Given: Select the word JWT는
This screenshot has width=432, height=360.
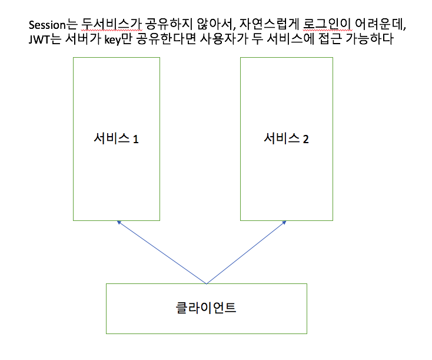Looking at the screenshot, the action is pos(42,41).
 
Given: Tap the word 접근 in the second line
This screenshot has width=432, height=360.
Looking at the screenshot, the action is pos(332,41).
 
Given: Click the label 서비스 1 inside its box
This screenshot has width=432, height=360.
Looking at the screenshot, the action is pos(116,139).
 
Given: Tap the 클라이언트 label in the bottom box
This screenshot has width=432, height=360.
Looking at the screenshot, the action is pos(206,308).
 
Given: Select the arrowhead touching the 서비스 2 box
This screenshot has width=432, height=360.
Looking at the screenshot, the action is pos(285,223).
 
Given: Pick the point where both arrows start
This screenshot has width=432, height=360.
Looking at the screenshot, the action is pos(205,283).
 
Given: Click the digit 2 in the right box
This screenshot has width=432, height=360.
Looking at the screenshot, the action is pos(305,140).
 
